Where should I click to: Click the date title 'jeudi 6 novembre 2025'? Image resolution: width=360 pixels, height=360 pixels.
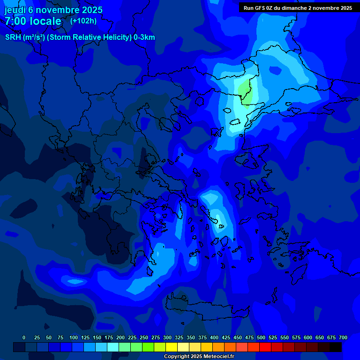coord(53,10)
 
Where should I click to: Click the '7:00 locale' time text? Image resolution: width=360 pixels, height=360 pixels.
coord(33,21)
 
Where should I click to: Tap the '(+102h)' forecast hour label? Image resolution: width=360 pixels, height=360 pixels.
coord(83,21)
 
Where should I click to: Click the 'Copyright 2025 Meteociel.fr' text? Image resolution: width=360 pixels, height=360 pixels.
coord(199,357)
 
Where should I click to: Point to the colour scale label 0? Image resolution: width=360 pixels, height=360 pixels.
coord(24,337)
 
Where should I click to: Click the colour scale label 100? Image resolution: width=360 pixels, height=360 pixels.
coord(74,337)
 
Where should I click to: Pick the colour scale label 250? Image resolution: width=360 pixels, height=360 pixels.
coord(144,337)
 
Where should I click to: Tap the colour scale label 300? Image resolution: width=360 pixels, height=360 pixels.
coord(167,337)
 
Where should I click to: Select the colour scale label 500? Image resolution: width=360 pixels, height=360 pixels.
coord(261,337)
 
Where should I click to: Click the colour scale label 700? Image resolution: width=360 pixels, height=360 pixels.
coord(343,337)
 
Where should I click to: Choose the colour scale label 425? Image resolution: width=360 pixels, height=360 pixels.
coord(226,337)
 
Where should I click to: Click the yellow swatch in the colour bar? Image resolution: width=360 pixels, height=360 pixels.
coord(172,347)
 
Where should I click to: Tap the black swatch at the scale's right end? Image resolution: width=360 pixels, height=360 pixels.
coord(336,347)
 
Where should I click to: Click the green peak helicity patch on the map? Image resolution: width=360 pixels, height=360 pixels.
coord(245,89)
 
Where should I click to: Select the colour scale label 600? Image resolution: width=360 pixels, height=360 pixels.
coord(308,337)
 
